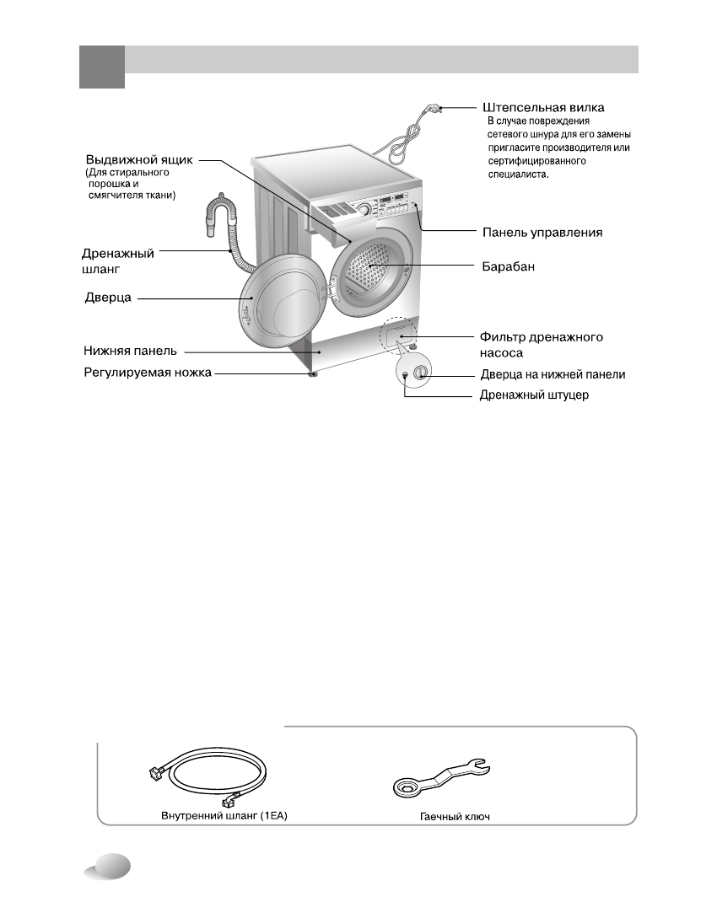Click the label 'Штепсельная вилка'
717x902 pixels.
[543, 108]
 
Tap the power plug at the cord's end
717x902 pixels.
[435, 107]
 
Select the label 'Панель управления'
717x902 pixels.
[542, 232]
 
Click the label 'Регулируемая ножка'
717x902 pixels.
[147, 372]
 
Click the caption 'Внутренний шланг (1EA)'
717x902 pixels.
[224, 816]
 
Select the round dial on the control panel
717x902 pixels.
[363, 210]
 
